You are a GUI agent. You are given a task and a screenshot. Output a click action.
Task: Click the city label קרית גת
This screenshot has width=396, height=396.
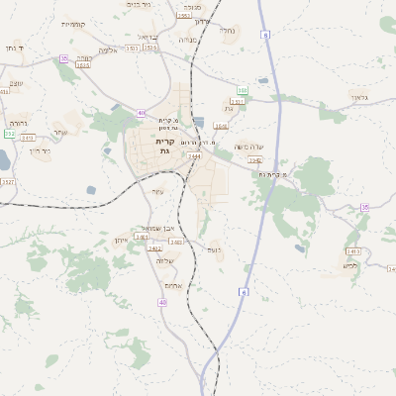pos(164,146)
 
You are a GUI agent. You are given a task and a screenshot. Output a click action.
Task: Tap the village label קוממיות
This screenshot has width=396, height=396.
pos(73,24)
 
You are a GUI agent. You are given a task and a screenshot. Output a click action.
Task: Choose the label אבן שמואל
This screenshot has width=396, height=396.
pos(156,229)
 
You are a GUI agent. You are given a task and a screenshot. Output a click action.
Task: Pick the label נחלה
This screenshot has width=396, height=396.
pos(227,31)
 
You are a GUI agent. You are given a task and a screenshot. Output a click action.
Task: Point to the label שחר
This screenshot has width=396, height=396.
pos(60,132)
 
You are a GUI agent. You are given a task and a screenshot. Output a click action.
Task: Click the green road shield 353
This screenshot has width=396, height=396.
pos(242,90)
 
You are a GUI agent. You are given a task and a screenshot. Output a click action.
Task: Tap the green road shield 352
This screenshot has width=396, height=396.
pos(9,134)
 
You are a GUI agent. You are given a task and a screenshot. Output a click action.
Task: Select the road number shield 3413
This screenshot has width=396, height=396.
pos(353,251)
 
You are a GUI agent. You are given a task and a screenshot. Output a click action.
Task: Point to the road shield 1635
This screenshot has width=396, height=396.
pos(83,65)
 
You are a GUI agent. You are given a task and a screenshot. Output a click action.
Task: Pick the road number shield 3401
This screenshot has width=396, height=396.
pos(142,237)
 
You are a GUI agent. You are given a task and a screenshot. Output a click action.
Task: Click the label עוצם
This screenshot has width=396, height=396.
pos(16,83)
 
